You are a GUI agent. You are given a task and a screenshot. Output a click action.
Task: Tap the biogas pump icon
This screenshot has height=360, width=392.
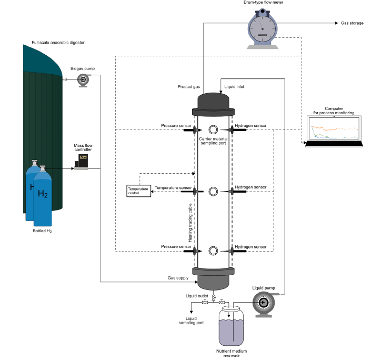(x=83, y=79)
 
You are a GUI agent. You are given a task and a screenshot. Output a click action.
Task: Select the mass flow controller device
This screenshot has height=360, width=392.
(x=82, y=162)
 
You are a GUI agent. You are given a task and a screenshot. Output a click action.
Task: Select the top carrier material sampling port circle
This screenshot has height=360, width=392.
(x=213, y=130)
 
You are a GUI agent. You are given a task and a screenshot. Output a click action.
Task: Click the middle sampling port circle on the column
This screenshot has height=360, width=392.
(x=213, y=191)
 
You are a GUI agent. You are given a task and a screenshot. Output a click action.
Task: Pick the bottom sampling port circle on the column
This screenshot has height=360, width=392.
(x=213, y=251)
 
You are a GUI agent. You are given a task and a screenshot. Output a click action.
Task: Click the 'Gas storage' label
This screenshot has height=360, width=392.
(x=352, y=23)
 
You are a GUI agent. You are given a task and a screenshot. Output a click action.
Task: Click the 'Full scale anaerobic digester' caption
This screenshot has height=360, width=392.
(x=58, y=43)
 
